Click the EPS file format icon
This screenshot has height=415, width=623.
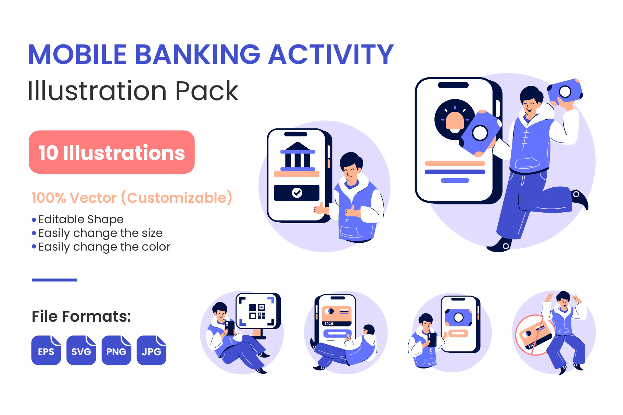46,350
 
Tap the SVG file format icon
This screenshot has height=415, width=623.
81,350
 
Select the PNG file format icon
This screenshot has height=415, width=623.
116,350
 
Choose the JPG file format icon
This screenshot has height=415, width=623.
151,350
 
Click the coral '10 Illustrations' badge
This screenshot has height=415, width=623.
112,152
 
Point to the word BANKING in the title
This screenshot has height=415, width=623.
198,54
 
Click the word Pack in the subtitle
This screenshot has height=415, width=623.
207,91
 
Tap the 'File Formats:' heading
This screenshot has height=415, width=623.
81,317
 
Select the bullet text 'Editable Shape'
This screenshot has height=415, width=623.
81,219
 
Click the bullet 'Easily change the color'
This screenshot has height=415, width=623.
104,247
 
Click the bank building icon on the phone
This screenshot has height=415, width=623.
297,156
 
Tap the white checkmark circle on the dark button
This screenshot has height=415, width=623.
297,193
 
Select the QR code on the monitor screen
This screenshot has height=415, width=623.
257,311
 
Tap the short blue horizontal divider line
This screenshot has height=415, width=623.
54,280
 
